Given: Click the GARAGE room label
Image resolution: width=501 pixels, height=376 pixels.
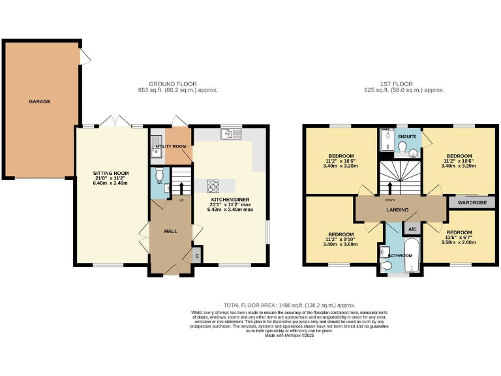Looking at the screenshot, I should coord(39,101).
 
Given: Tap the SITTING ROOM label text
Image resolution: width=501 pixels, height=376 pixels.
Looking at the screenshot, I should coord(111,174).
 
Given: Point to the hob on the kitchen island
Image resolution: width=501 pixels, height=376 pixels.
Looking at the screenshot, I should coord(214,184).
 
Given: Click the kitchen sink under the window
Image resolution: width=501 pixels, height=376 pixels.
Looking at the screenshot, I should coord(232,134).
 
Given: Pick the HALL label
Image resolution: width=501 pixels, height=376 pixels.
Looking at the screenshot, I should coord(170,232).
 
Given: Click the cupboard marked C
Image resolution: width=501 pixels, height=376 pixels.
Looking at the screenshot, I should coord(198,256).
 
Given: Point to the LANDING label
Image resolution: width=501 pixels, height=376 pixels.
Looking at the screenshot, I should coord(397,210).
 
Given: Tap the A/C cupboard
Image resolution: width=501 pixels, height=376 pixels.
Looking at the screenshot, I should coord(412,230).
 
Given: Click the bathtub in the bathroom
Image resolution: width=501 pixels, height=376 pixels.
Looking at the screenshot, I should coord(412,257).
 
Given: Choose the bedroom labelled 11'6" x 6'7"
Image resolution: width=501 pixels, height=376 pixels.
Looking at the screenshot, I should coord(459,237).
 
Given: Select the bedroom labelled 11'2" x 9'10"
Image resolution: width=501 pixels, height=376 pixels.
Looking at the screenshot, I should coord(341,239).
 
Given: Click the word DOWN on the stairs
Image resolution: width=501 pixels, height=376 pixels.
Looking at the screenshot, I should coord(389,200).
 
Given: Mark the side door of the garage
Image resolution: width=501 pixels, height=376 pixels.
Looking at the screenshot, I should coord(84,57).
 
